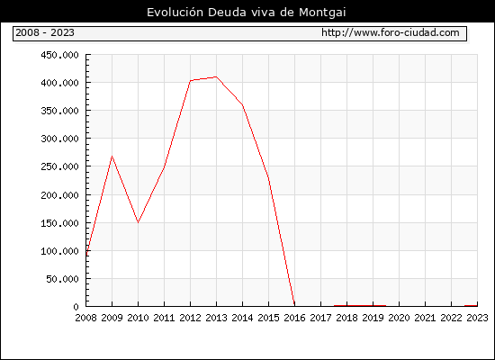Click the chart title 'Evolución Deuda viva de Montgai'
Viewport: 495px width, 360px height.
247,13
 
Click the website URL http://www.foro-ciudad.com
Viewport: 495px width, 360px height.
391,32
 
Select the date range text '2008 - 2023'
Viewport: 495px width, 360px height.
45,32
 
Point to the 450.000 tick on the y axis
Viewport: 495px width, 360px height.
59,55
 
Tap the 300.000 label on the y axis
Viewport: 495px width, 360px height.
59,139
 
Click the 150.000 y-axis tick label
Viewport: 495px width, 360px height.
59,223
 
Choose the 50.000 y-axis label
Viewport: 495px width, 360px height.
62,279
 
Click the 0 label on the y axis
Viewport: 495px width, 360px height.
76,307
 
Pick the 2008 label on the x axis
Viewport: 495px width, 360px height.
85,318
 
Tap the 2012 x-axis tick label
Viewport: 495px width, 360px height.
191,318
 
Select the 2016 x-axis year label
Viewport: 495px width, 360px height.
294,318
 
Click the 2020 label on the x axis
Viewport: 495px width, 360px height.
399,318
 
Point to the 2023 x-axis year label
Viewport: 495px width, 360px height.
477,318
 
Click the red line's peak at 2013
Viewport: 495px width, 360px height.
216,76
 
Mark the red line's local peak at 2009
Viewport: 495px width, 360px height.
112,157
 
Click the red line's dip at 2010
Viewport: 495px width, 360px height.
138,222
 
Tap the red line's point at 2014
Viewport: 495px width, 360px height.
242,104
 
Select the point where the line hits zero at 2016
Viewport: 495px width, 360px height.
294,306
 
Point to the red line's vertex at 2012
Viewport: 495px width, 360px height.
191,80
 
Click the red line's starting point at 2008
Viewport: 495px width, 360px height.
86,255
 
